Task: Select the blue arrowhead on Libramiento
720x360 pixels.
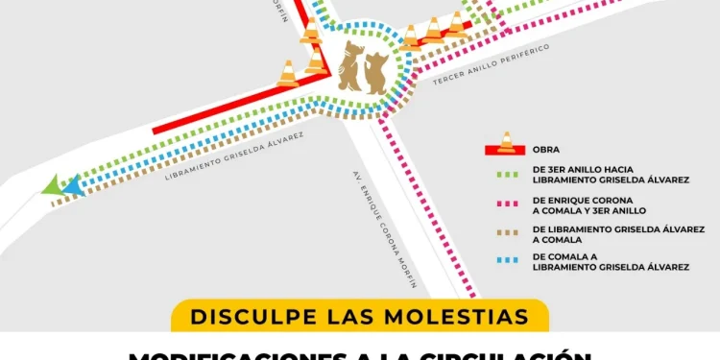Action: [73, 186]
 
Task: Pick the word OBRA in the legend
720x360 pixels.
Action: [545, 150]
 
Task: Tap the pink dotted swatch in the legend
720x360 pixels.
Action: [506, 204]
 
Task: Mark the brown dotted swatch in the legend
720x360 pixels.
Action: [506, 230]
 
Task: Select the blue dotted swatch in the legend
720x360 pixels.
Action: [506, 259]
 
